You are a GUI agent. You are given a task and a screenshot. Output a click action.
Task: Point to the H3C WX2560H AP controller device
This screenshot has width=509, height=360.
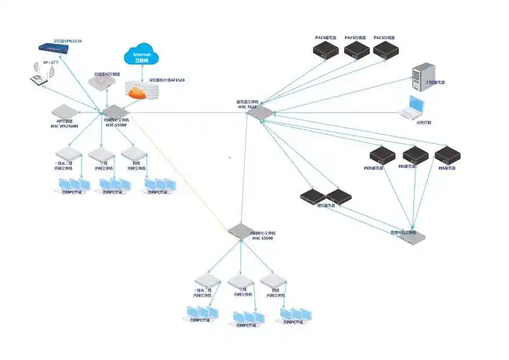tap(63, 112)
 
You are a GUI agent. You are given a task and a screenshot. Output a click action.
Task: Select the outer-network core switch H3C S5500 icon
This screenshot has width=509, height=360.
tap(111, 111)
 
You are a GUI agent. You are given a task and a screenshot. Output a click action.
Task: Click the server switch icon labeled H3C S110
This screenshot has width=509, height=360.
tap(259, 113)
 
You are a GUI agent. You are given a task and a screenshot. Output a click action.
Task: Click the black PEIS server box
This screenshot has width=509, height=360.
tap(380, 156)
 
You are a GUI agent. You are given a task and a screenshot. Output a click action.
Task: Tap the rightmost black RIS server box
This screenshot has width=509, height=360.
tap(446, 156)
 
